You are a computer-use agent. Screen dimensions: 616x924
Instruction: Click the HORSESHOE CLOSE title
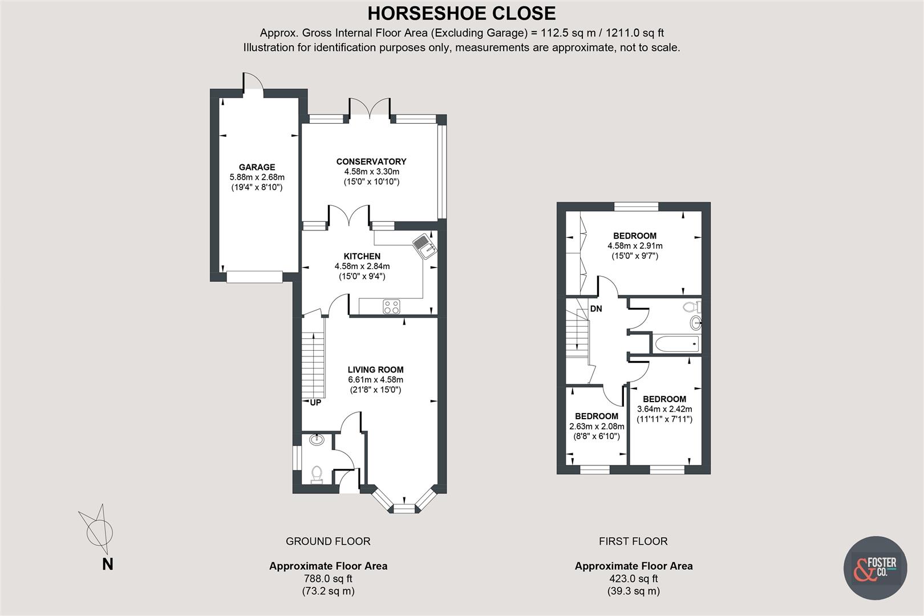point(461,13)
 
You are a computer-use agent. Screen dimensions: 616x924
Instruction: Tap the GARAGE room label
point(257,167)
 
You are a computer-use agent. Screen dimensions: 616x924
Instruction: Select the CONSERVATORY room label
point(371,161)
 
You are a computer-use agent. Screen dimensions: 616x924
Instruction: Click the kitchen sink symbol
point(425,246)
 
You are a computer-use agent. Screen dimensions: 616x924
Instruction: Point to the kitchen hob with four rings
point(391,306)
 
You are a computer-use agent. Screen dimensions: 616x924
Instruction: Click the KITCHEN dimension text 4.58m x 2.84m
point(362,266)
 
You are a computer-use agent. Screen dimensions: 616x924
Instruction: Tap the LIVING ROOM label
point(375,370)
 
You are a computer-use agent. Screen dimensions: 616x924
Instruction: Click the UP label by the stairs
point(315,403)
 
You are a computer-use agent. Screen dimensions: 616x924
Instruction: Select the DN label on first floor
point(596,309)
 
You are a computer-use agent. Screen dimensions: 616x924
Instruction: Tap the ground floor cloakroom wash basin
point(317,440)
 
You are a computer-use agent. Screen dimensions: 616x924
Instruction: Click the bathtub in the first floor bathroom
point(677,344)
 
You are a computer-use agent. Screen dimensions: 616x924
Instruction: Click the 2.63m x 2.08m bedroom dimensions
point(597,427)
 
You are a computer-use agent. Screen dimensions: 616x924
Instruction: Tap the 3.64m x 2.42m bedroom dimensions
point(664,410)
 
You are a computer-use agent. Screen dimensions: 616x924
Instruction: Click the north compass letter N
point(107,565)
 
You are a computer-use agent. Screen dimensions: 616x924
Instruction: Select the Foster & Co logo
point(875,568)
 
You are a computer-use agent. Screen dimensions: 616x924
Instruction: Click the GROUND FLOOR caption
point(328,541)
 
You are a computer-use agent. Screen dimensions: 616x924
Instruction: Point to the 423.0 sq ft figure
point(633,578)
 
